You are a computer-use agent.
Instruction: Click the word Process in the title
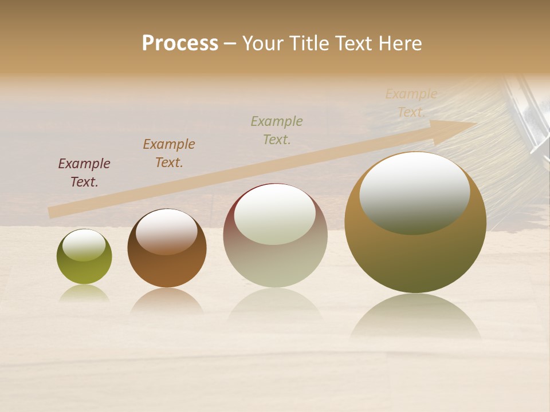[180, 43]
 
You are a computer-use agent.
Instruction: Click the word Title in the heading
[307, 43]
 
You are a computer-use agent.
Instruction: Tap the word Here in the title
[399, 43]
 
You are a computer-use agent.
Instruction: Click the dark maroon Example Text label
[84, 173]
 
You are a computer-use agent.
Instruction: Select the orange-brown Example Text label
[169, 153]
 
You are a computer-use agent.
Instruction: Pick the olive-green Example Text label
[277, 130]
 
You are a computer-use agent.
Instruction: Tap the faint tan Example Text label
[411, 103]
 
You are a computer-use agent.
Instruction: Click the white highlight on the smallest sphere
[84, 245]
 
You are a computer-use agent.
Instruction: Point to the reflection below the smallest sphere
[84, 293]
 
